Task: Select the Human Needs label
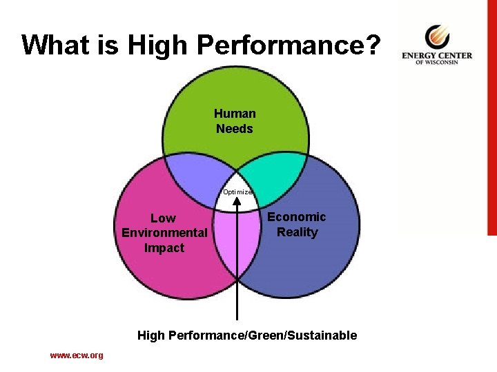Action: coord(235,121)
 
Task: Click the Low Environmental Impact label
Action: coord(164,233)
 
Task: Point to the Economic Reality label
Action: coord(297,225)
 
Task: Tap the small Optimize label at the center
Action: coord(237,192)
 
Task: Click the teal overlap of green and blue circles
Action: coord(276,178)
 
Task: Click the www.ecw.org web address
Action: coord(76,355)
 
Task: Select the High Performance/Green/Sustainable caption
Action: coord(247,335)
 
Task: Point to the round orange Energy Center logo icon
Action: coord(436,35)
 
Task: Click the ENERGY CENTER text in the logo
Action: coord(437,55)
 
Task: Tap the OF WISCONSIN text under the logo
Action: coord(438,63)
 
